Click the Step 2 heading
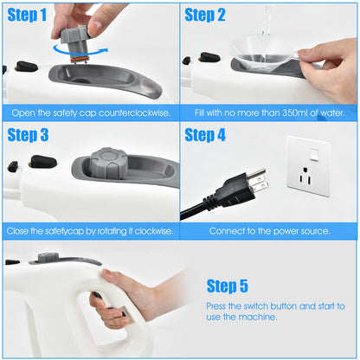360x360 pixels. [x=205, y=16]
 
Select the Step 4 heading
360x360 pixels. [x=205, y=135]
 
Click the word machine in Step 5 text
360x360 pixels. [x=259, y=318]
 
